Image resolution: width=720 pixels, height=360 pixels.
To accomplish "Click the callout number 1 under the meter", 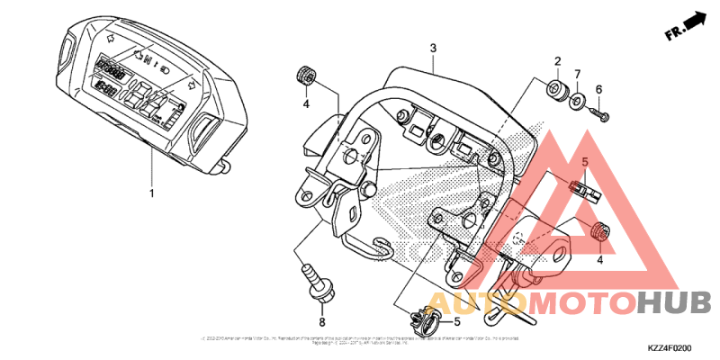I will (152, 193).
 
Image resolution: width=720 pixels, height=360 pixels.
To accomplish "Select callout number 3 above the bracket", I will (433, 48).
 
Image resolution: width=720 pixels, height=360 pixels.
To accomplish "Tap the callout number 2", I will (557, 61).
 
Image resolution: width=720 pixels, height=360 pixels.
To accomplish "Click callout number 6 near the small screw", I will (598, 89).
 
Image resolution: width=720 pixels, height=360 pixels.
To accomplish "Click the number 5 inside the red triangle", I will (583, 162).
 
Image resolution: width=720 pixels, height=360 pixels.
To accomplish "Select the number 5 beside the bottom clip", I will (456, 320).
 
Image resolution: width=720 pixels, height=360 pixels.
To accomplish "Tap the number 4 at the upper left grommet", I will (306, 104).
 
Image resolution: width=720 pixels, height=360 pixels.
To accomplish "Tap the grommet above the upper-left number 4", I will (304, 76).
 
